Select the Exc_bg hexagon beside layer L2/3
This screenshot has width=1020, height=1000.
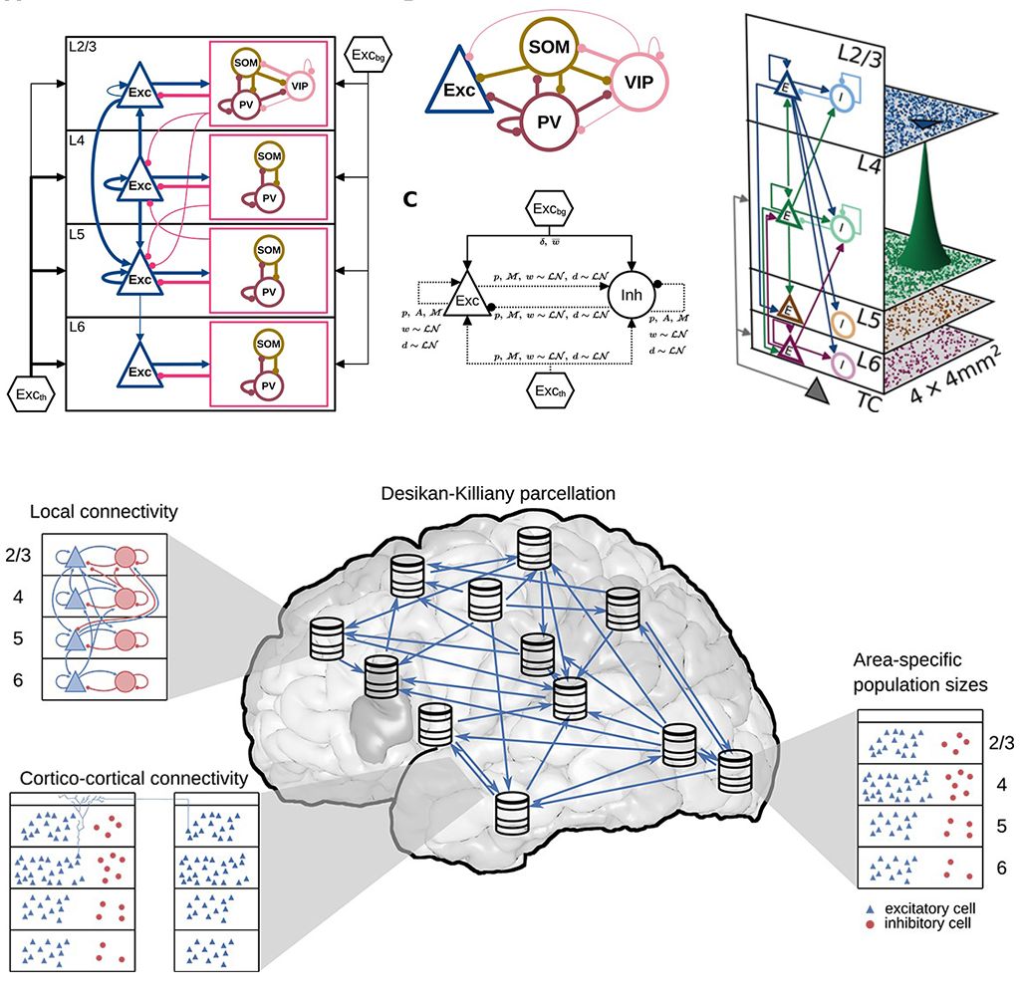pyautogui.click(x=367, y=51)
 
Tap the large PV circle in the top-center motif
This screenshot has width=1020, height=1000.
pyautogui.click(x=551, y=118)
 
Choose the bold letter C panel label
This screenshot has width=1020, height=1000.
pyautogui.click(x=409, y=197)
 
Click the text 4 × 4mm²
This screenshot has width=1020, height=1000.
pyautogui.click(x=960, y=382)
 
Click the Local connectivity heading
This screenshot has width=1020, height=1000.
pyautogui.click(x=104, y=512)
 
